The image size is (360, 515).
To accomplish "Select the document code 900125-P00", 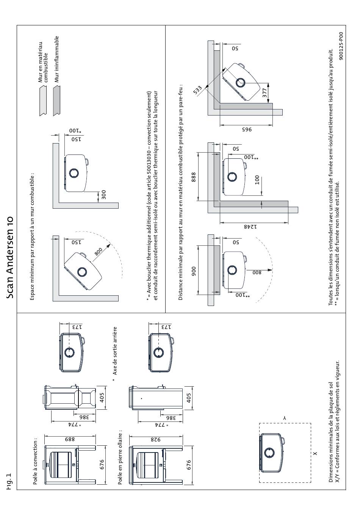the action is [x=341, y=46].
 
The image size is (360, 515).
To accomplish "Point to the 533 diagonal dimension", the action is [x=197, y=90].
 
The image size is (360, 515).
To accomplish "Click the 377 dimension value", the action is [x=265, y=93].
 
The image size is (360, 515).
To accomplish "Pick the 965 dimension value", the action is [x=247, y=130].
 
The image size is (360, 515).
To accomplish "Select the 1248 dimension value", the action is [x=250, y=227].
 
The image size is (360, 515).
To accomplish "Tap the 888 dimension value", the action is [x=194, y=177].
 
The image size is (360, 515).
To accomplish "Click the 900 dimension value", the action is [x=194, y=271].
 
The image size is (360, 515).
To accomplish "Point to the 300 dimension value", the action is [x=104, y=195].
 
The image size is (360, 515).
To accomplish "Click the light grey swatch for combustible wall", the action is [x=43, y=100].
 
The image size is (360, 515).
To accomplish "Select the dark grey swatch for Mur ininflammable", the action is [x=56, y=100].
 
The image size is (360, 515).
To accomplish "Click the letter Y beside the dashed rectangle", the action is [x=285, y=418].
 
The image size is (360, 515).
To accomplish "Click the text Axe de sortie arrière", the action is [x=115, y=351].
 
